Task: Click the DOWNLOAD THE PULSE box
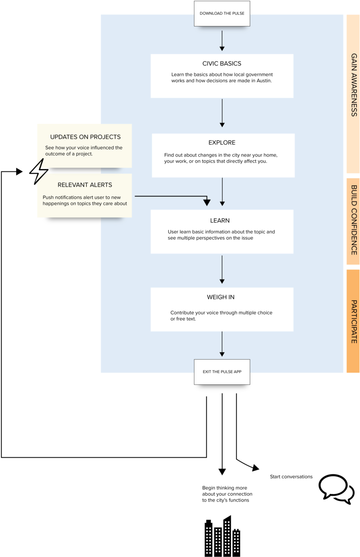[222, 13]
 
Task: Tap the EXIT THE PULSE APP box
[222, 372]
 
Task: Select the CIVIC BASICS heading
[222, 64]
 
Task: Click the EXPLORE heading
[222, 143]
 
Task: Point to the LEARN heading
[220, 221]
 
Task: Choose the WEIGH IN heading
[220, 297]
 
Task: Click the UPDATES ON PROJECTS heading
[85, 137]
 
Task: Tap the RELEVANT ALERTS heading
[85, 185]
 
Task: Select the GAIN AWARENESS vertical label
[354, 85]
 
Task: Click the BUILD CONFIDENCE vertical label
[354, 220]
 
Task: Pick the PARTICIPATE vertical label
[354, 321]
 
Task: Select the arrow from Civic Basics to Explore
[222, 114]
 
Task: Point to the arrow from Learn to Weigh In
[222, 269]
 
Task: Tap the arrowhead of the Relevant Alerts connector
[207, 203]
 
